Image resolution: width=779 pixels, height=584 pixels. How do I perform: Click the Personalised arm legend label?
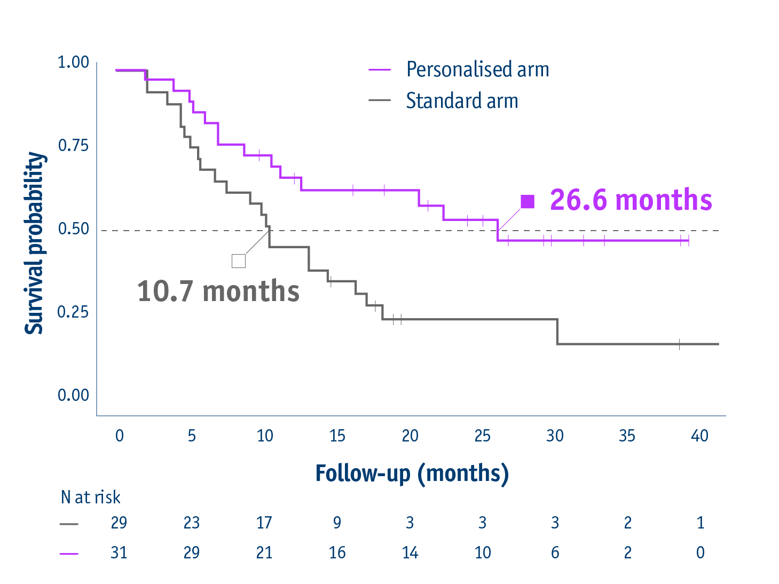tap(477, 69)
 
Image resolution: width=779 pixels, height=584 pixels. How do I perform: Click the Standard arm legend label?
tap(462, 101)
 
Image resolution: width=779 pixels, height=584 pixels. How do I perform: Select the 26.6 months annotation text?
tap(631, 200)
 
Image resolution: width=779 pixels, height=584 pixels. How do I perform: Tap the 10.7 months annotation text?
tap(218, 291)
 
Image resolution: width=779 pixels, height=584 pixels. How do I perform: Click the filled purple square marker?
tap(528, 202)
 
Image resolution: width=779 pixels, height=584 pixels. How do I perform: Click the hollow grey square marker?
tap(239, 261)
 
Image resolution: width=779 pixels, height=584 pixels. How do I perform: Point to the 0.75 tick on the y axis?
tap(73, 145)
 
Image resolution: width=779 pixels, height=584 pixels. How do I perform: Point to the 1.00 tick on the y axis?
tap(73, 62)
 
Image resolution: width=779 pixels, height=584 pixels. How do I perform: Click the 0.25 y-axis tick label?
tap(73, 312)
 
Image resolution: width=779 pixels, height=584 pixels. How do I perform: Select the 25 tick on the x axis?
tap(482, 436)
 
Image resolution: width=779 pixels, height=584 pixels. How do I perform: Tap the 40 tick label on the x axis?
tap(699, 436)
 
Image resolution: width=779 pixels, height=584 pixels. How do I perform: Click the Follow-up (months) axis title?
tap(412, 473)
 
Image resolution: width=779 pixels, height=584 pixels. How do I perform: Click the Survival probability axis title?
tap(35, 243)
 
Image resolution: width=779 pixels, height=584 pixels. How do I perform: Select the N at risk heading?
tap(90, 498)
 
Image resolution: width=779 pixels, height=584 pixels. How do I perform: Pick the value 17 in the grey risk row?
tap(264, 522)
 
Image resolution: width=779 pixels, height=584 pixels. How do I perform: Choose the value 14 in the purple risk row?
tap(410, 553)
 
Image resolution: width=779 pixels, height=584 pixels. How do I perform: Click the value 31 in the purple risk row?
tap(119, 553)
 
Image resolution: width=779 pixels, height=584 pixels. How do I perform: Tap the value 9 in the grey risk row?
tap(337, 522)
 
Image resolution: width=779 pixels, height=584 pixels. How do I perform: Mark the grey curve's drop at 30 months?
tap(557, 332)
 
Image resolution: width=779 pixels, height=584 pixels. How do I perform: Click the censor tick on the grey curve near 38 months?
tap(679, 344)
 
